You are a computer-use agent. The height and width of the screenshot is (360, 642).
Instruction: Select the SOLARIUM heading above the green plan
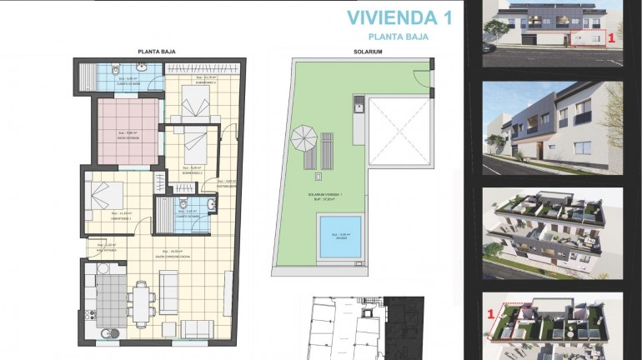click(367, 52)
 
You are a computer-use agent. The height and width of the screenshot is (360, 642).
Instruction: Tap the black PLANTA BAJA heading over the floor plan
click(156, 52)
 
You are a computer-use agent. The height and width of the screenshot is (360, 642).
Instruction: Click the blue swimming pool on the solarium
click(340, 236)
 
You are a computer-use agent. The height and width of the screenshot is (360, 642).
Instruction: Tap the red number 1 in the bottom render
click(492, 313)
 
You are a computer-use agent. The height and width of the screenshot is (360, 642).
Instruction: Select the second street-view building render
click(553, 127)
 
